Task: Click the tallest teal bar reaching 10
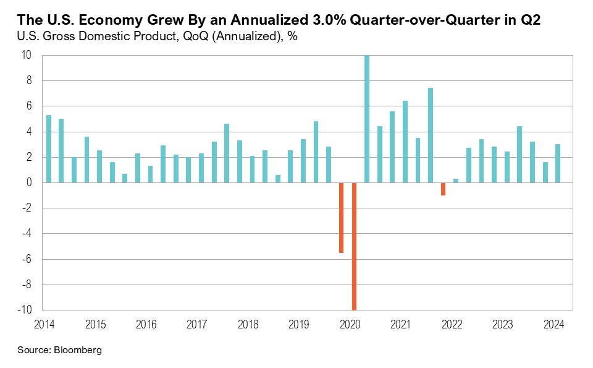coord(367,119)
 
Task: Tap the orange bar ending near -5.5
coord(342,218)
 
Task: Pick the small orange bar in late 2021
coord(443,189)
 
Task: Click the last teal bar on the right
coord(558,163)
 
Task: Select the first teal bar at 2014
coord(49,148)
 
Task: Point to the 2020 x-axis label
coord(350,324)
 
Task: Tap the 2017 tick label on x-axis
coord(196,324)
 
